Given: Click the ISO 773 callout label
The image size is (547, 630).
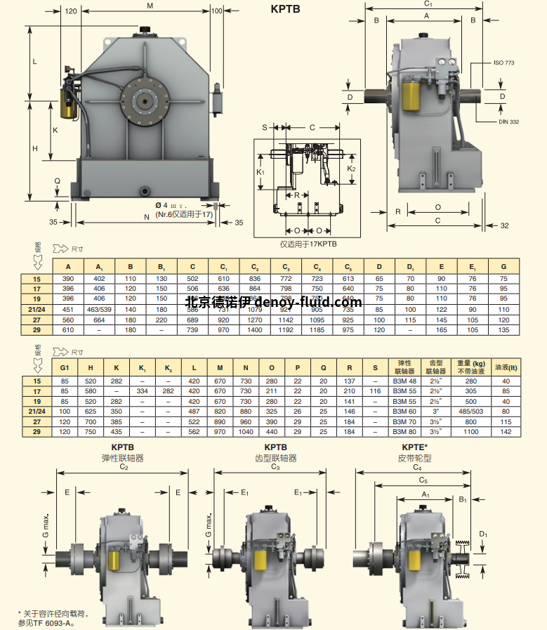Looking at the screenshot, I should coord(504,63).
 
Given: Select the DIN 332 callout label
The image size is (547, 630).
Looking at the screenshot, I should coord(506,122).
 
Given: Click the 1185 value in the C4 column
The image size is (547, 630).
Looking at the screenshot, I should coord(317,329).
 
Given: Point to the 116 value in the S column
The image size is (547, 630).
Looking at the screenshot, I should coord(376,391).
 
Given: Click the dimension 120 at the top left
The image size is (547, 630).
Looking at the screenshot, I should coord(71,11).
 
